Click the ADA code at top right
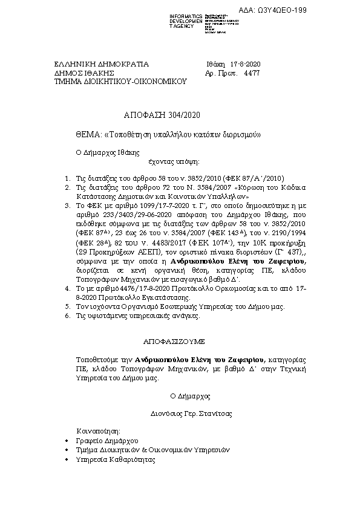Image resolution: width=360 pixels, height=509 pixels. [x=325, y=10]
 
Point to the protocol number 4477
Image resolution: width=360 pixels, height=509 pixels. [x=251, y=72]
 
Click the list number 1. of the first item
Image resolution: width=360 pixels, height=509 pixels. [x=67, y=179]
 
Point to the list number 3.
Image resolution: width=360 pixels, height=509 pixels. [x=67, y=206]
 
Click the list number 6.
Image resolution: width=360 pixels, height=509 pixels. [x=67, y=316]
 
